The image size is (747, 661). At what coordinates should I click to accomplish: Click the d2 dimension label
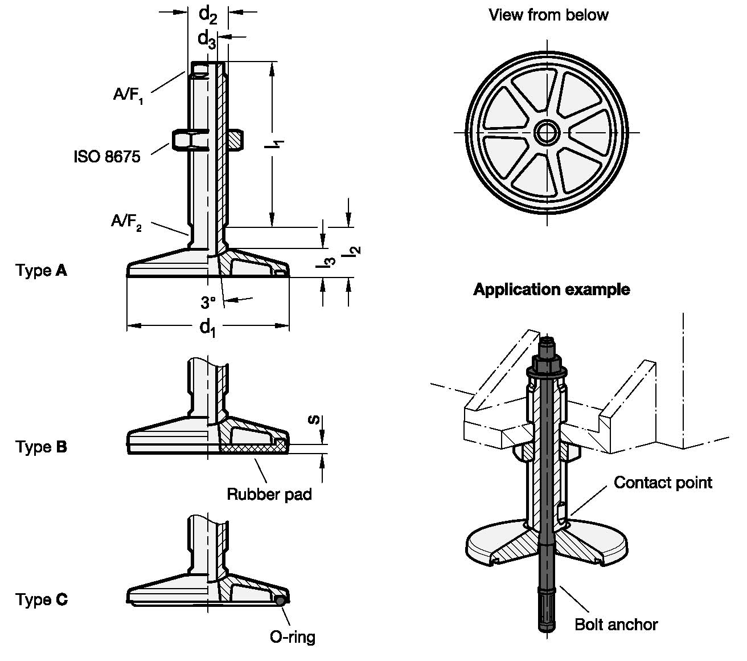coord(208,16)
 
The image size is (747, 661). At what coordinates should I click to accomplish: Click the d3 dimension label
coord(207,39)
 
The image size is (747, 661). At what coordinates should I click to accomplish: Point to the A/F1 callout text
coord(128,95)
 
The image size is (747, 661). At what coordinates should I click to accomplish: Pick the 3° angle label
coord(208,301)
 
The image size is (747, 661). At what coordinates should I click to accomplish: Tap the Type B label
coord(41,447)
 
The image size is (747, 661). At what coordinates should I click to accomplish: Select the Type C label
coord(41,599)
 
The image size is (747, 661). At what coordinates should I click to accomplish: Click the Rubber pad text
coord(269,493)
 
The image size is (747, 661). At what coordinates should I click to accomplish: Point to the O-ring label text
coord(292,636)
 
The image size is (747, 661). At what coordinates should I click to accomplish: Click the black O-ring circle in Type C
coord(279,600)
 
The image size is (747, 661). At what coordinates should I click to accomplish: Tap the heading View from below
coord(548,15)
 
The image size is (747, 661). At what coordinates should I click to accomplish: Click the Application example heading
coord(551,289)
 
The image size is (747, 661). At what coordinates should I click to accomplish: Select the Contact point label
coord(663,483)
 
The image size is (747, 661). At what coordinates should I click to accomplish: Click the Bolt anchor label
coord(616,625)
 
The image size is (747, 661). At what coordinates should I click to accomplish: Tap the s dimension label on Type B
coord(312,420)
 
